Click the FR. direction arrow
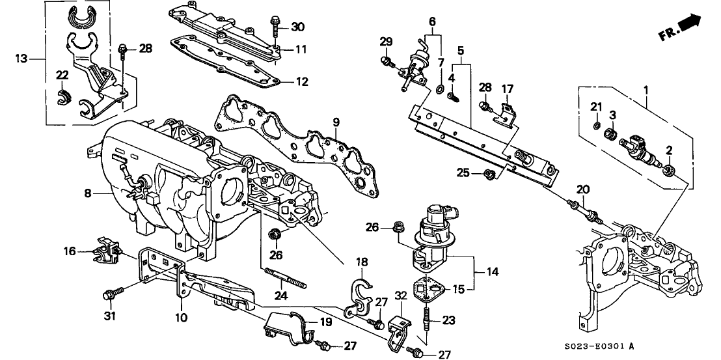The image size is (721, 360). point(689,24)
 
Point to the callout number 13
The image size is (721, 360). point(21,58)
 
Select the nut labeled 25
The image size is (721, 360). point(491,174)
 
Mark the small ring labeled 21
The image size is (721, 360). point(596,123)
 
